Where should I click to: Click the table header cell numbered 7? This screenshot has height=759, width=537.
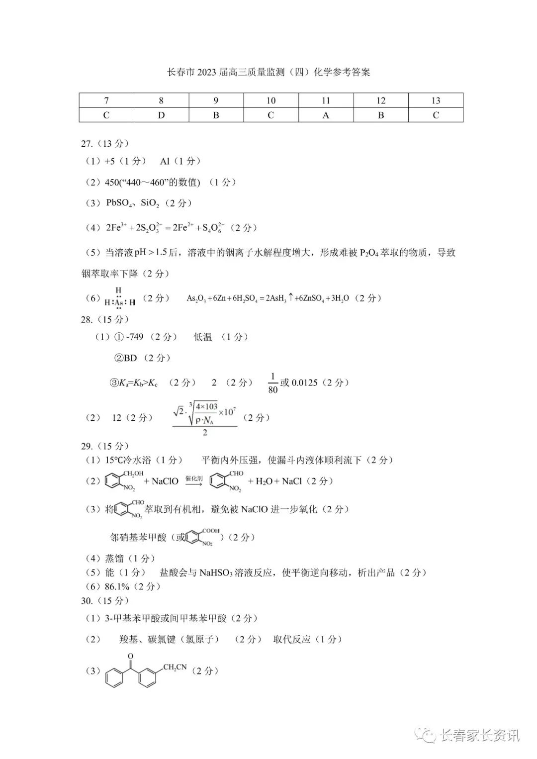pos(106,100)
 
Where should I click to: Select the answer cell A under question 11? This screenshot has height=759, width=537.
pos(326,115)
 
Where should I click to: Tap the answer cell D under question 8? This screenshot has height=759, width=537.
pos(161,115)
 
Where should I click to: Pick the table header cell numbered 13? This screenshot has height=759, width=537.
pos(436,100)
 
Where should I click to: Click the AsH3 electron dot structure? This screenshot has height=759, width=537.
pos(119,298)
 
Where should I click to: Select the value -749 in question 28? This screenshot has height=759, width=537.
pos(135,337)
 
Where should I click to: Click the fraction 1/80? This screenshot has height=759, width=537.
pos(272,383)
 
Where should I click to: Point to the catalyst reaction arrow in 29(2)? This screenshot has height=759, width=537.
pos(194,481)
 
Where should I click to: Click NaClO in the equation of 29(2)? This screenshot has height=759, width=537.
pos(165,481)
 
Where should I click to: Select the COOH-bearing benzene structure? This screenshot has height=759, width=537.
pos(203,537)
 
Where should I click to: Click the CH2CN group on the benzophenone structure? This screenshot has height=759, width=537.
pos(175,667)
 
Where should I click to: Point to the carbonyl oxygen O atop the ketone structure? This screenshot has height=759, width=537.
pos(130,656)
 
